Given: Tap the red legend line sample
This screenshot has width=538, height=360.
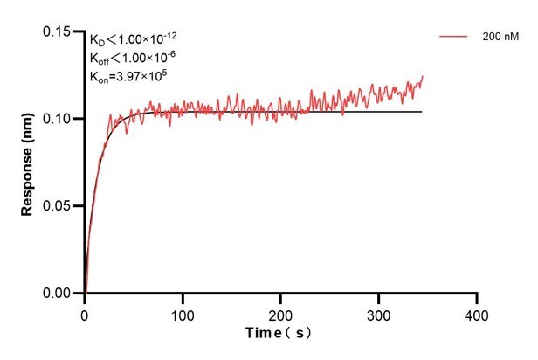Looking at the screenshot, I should [x=454, y=38].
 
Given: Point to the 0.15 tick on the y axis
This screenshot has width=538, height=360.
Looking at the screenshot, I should [x=60, y=31].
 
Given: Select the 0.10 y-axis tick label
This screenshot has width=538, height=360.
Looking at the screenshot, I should [x=60, y=119].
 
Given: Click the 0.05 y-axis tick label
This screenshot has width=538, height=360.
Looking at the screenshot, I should [x=60, y=206].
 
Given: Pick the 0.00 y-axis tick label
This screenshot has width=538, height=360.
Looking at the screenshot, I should [x=60, y=294].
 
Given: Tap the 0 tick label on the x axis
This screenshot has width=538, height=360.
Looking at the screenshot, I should [x=85, y=313].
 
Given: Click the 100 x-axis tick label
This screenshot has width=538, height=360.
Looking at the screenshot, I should [x=183, y=313].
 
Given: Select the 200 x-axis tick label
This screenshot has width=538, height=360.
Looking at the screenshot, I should [x=280, y=313].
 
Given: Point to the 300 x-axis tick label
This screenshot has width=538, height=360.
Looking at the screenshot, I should [x=378, y=313].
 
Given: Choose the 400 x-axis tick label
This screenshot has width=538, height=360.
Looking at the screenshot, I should [x=476, y=313].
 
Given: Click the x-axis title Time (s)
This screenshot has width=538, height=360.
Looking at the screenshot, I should [x=279, y=333].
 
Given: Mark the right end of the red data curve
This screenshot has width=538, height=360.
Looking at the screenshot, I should [x=423, y=77].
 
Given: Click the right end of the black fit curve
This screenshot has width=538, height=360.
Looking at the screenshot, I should [x=422, y=112].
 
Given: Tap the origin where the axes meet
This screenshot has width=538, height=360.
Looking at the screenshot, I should [x=85, y=294].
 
